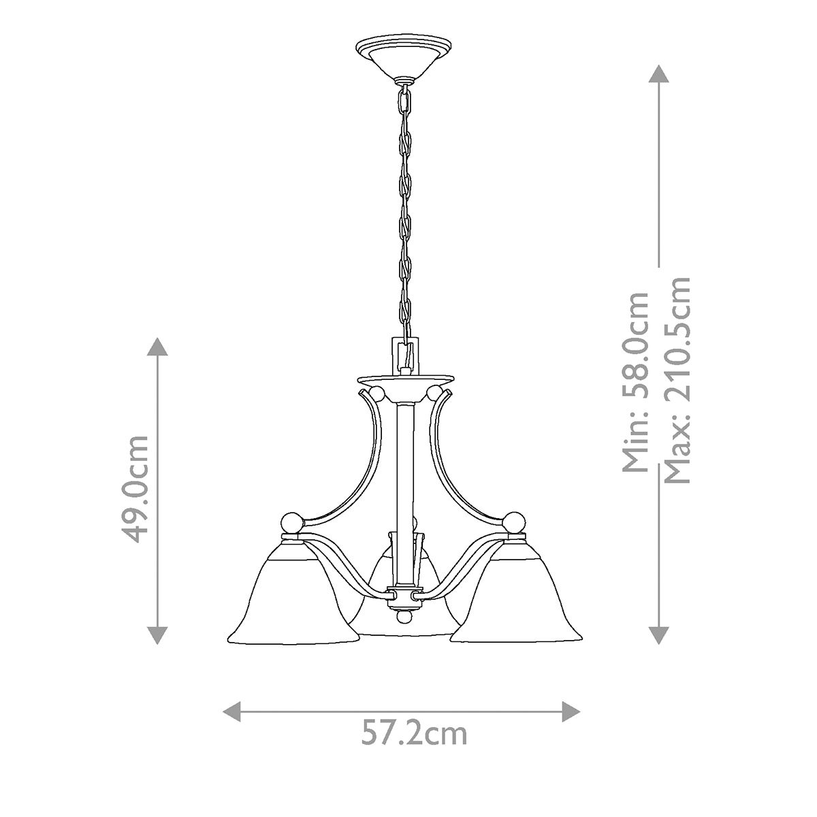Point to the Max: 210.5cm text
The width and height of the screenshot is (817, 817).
(677, 380)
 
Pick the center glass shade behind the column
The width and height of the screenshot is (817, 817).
(406, 599)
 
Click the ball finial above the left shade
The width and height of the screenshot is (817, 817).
(292, 523)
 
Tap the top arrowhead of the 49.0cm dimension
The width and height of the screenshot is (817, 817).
(158, 345)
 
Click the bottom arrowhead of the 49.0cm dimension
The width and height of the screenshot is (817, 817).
(158, 636)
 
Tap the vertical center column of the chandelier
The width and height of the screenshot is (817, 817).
(405, 477)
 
